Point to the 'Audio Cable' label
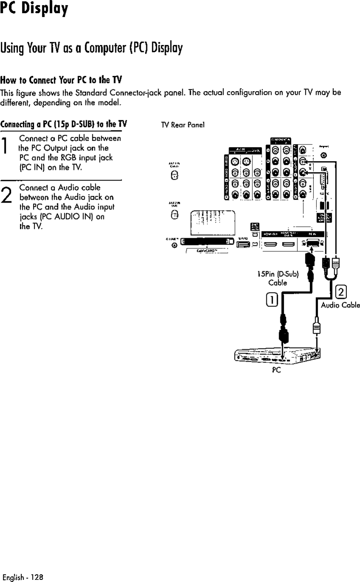340,305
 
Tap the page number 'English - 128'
22,577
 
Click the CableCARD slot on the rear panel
207,242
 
